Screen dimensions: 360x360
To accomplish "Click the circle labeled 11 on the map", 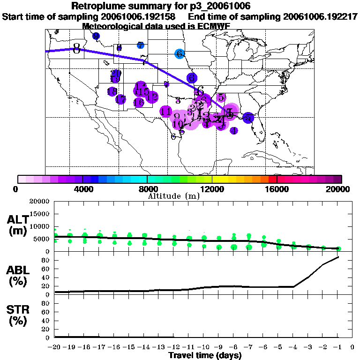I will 165,112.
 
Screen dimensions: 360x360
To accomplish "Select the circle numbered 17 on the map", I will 120,99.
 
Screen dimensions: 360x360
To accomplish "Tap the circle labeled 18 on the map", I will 112,92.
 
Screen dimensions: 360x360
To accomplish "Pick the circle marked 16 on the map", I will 139,102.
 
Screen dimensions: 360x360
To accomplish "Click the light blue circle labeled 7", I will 141,45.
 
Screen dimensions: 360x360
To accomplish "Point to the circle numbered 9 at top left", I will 96,36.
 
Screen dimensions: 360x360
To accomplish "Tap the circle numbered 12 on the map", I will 151,97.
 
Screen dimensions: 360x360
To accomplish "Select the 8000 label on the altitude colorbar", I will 147,189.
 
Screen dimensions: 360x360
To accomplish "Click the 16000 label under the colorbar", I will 277,189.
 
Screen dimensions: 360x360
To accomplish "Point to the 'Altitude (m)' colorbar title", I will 173,196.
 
